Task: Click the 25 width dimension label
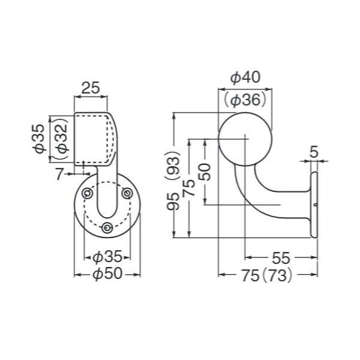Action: click(x=91, y=88)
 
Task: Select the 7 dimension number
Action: click(x=59, y=174)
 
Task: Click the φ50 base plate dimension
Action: click(x=107, y=274)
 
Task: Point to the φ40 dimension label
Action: click(x=245, y=77)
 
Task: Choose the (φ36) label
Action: click(x=245, y=100)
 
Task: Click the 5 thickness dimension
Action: click(x=314, y=152)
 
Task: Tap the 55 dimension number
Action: click(x=281, y=258)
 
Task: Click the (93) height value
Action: click(x=174, y=166)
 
